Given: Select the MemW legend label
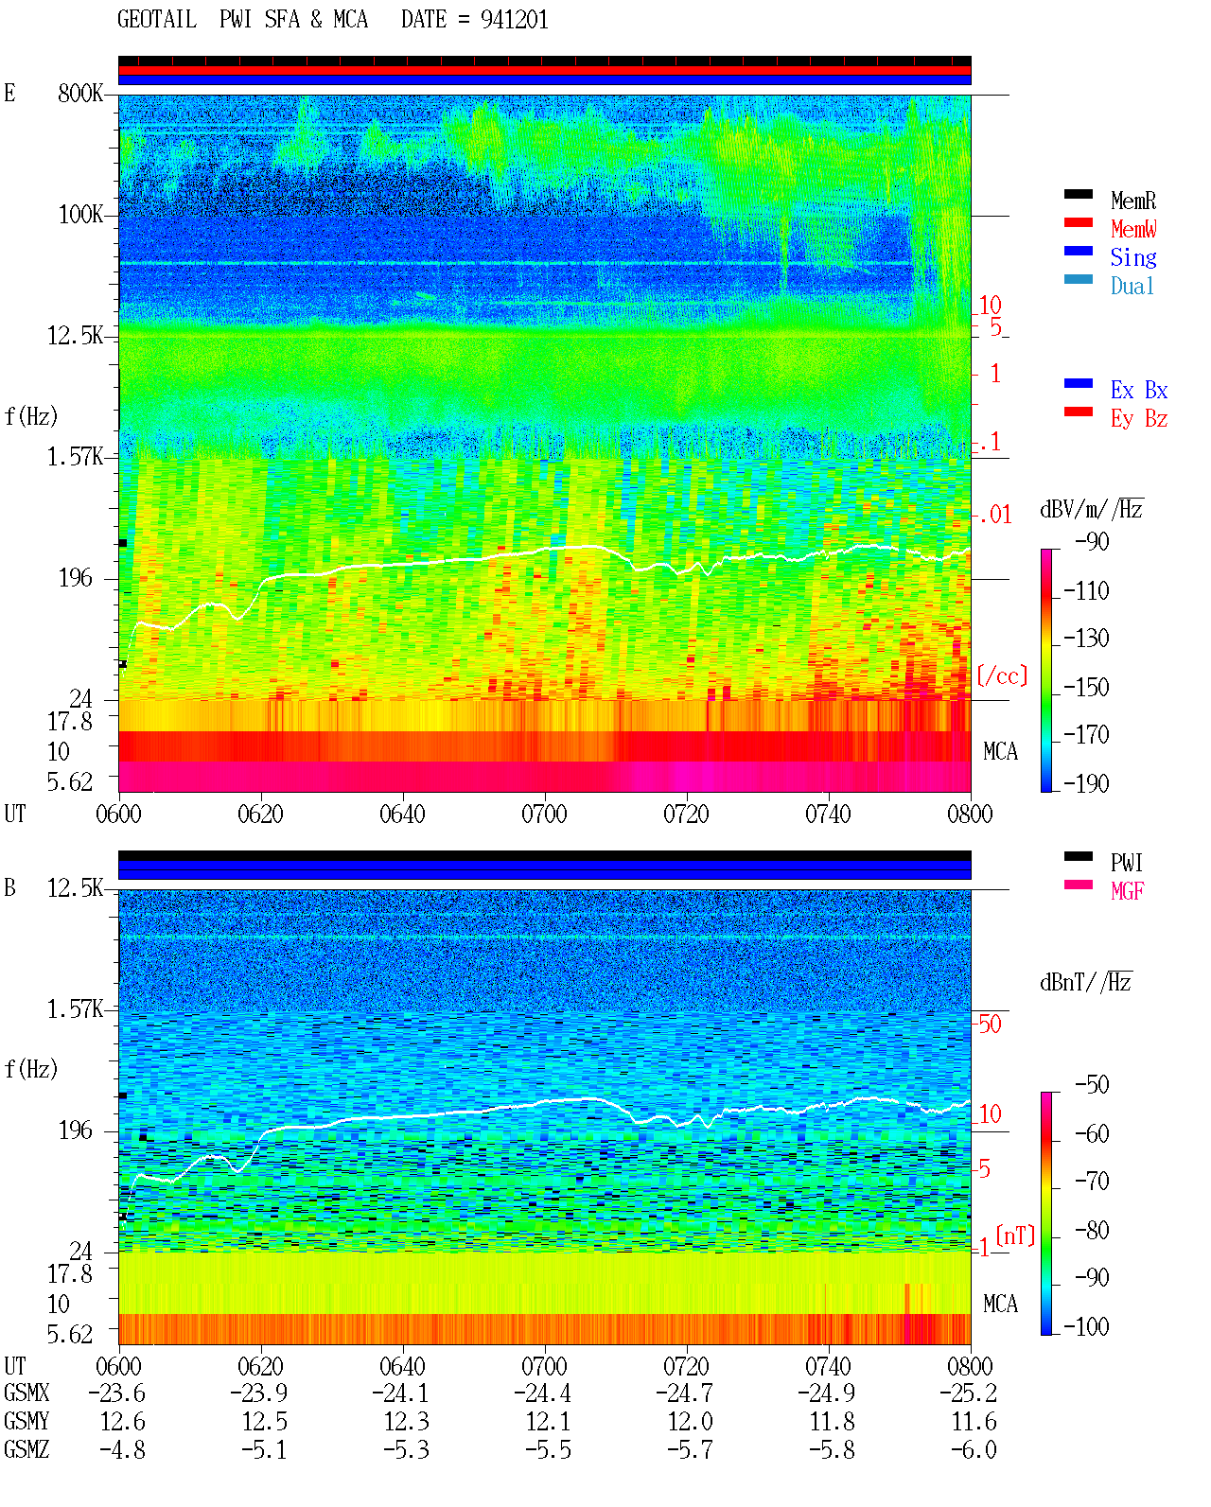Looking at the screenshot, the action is (x=1132, y=229).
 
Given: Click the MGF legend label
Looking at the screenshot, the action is (x=1127, y=891).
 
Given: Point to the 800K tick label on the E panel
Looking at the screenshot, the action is (x=79, y=93).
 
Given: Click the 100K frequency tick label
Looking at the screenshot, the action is (x=79, y=215).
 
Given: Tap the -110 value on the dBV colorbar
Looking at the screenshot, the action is (x=1086, y=591).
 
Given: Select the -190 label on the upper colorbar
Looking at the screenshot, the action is (x=1086, y=783).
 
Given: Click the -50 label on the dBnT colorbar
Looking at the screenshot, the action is (x=1092, y=1085).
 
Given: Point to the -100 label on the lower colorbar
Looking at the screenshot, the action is (x=1086, y=1326).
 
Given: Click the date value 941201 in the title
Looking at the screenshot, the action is (x=514, y=20).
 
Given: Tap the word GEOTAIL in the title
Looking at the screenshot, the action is (x=157, y=20).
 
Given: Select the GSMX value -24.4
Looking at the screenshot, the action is (x=542, y=1393).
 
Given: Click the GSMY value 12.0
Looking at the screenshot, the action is (x=690, y=1422).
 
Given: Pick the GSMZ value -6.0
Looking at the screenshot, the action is (x=974, y=1449).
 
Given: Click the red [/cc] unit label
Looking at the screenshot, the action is (x=1002, y=675).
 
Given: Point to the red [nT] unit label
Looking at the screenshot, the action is (x=1015, y=1235).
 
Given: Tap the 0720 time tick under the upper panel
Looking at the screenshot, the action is (x=687, y=815).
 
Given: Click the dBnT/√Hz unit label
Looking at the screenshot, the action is (x=1086, y=982).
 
